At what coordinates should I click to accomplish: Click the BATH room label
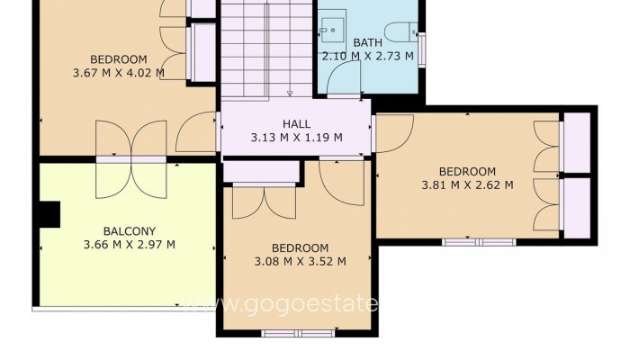367,42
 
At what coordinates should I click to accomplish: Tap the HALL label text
295,124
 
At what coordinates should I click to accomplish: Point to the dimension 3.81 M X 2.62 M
467,185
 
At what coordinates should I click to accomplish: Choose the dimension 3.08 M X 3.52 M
300,262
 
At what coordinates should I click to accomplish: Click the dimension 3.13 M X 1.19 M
295,139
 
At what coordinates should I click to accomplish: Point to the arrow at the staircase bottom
290,92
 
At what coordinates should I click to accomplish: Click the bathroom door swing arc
342,85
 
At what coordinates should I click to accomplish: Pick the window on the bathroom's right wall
421,49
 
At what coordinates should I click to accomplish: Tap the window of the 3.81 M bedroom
478,241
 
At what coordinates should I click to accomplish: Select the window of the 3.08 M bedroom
296,334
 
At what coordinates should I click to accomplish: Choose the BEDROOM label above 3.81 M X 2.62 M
467,171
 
